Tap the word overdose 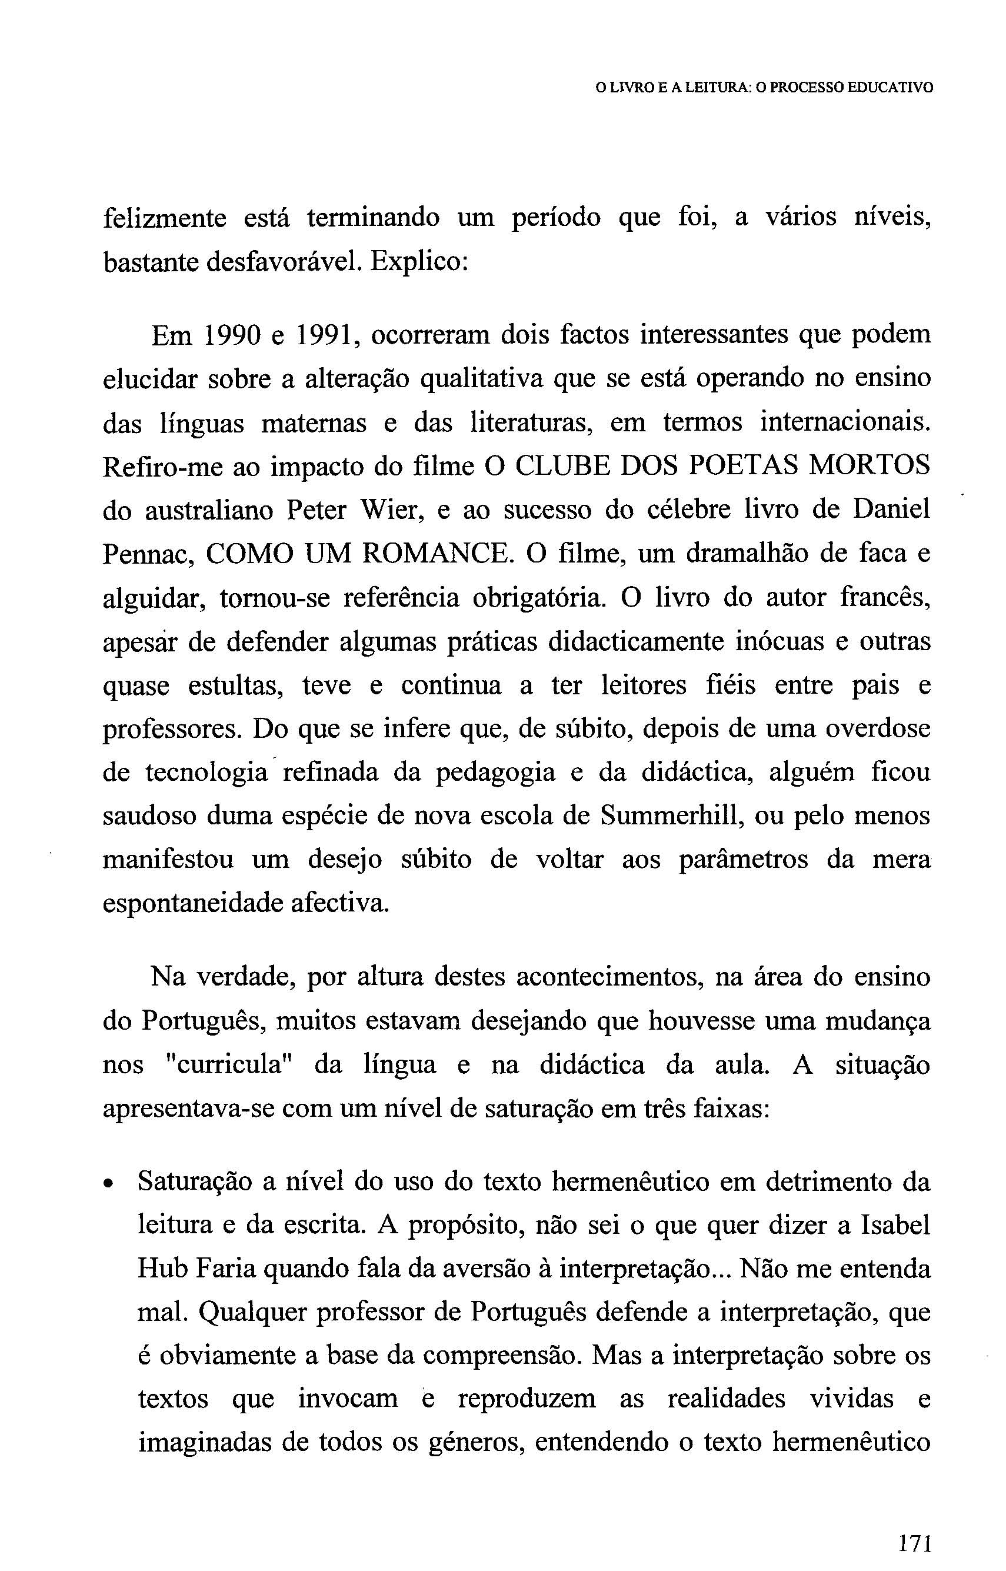click(877, 728)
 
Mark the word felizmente click(165, 218)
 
